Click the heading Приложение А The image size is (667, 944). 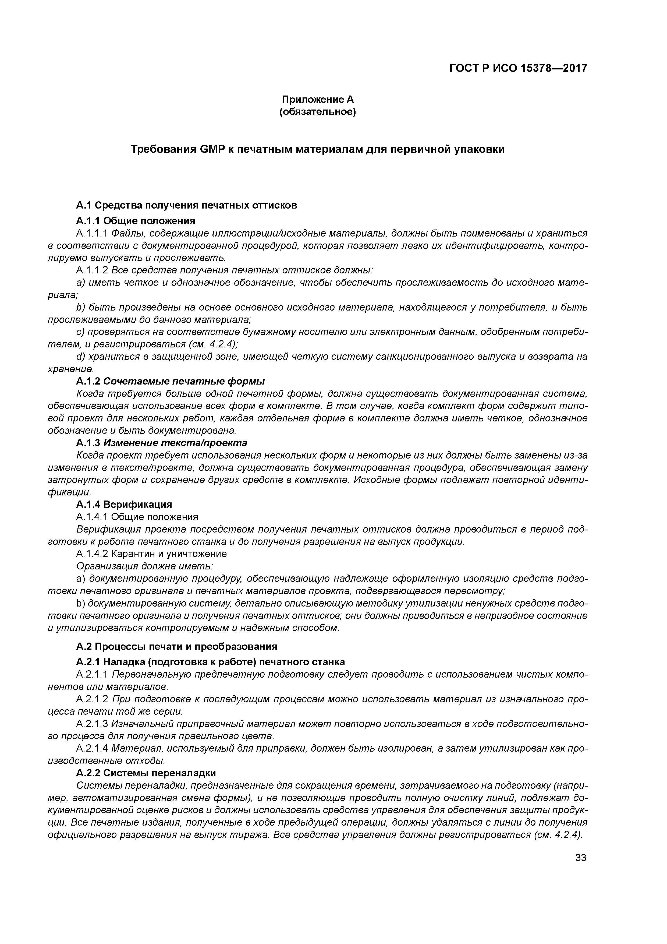click(317, 100)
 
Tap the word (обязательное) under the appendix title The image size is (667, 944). click(317, 112)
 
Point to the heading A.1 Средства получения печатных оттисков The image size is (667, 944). click(186, 205)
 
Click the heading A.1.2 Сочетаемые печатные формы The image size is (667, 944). click(171, 381)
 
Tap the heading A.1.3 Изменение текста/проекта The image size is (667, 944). click(162, 443)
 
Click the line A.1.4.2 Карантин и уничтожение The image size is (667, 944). click(151, 554)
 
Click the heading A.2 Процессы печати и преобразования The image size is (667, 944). click(176, 647)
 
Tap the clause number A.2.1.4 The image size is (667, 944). click(92, 749)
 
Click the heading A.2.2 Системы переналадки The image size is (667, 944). click(146, 773)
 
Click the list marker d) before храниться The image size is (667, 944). click(80, 357)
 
